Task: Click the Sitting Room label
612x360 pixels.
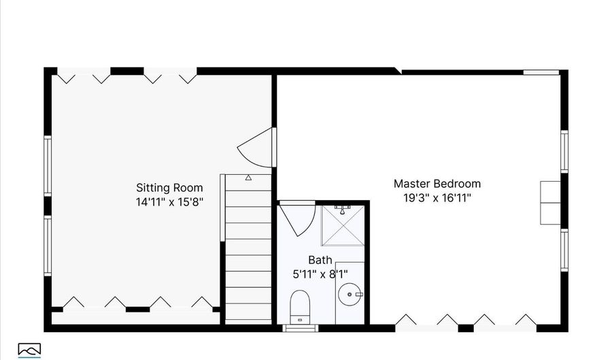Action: coord(169,188)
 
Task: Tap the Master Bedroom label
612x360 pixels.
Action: coord(437,184)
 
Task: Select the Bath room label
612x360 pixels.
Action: coord(320,260)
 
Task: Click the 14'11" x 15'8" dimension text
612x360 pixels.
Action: coord(169,202)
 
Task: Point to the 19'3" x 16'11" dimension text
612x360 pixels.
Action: coord(437,198)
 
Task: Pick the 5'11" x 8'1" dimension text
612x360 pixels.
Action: coord(320,274)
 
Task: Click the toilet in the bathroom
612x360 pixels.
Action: coord(300,307)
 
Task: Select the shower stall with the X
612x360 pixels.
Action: coord(343,226)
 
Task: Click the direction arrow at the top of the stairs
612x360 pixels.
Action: coord(248,178)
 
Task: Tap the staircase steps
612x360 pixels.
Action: coord(248,249)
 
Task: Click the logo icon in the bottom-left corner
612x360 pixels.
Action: coord(29,350)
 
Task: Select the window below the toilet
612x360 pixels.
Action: coord(300,328)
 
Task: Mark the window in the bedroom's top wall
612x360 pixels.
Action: coord(541,72)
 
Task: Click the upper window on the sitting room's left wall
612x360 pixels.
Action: coord(48,165)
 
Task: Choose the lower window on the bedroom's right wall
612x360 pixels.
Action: coord(564,250)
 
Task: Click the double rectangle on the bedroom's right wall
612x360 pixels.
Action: coord(550,203)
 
